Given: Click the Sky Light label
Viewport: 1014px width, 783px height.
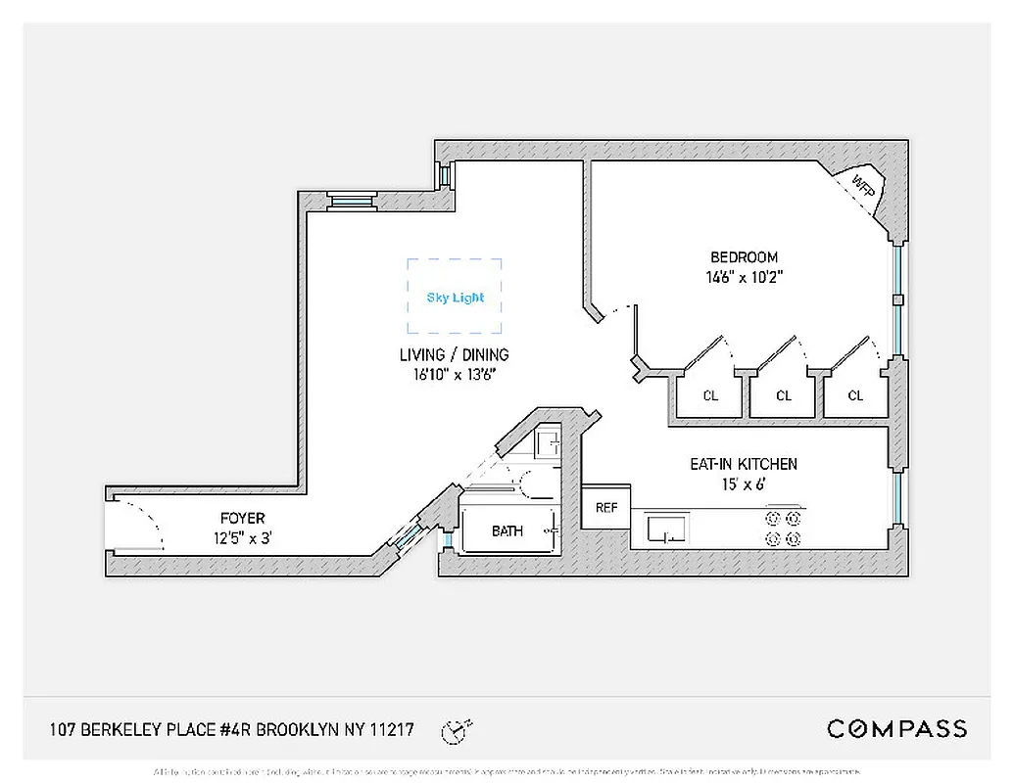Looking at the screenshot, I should pyautogui.click(x=455, y=298).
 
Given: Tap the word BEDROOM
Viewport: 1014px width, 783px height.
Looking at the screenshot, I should pyautogui.click(x=745, y=258).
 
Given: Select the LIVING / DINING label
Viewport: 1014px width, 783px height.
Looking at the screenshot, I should pyautogui.click(x=454, y=355).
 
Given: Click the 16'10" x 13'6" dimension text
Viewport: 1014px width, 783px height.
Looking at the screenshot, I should pyautogui.click(x=454, y=374).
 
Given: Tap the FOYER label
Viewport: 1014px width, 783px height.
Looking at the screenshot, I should pyautogui.click(x=242, y=518).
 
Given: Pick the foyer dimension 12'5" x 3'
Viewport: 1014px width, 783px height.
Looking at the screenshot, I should pyautogui.click(x=242, y=535).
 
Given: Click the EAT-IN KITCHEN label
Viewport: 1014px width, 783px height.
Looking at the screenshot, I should pyautogui.click(x=744, y=464).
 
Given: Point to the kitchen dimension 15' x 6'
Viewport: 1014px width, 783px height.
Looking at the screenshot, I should pyautogui.click(x=744, y=483).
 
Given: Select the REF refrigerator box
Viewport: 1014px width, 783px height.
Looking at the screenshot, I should pyautogui.click(x=606, y=508).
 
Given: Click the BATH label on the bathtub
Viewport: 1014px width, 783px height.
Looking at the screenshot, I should pyautogui.click(x=507, y=531).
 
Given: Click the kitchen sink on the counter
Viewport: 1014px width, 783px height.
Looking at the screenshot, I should pyautogui.click(x=667, y=530).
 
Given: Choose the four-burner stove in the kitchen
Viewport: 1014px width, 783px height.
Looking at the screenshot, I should pyautogui.click(x=785, y=529).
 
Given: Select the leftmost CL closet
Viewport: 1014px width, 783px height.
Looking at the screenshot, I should pyautogui.click(x=710, y=395).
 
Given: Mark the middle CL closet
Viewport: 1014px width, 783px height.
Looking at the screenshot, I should pyautogui.click(x=783, y=395).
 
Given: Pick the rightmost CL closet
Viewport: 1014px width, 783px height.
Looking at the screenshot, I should pyautogui.click(x=855, y=395).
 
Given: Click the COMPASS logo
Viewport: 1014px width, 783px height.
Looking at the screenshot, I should pyautogui.click(x=896, y=729).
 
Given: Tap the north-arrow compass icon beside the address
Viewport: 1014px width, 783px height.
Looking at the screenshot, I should pyautogui.click(x=455, y=730).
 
